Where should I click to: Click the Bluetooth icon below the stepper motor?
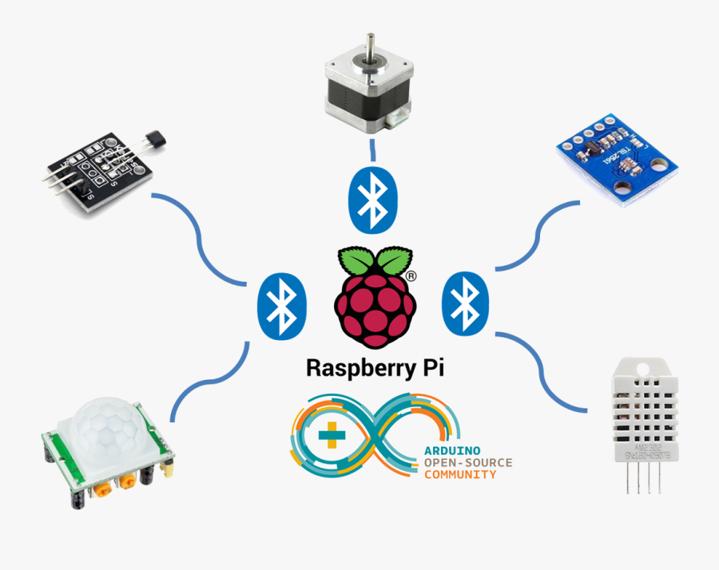[x=372, y=197]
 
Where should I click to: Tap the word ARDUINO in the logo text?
[x=453, y=451]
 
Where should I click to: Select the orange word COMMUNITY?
[x=459, y=474]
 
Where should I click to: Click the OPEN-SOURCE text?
[x=467, y=462]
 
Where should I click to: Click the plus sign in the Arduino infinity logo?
[x=330, y=436]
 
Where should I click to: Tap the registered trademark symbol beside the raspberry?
[x=411, y=275]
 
